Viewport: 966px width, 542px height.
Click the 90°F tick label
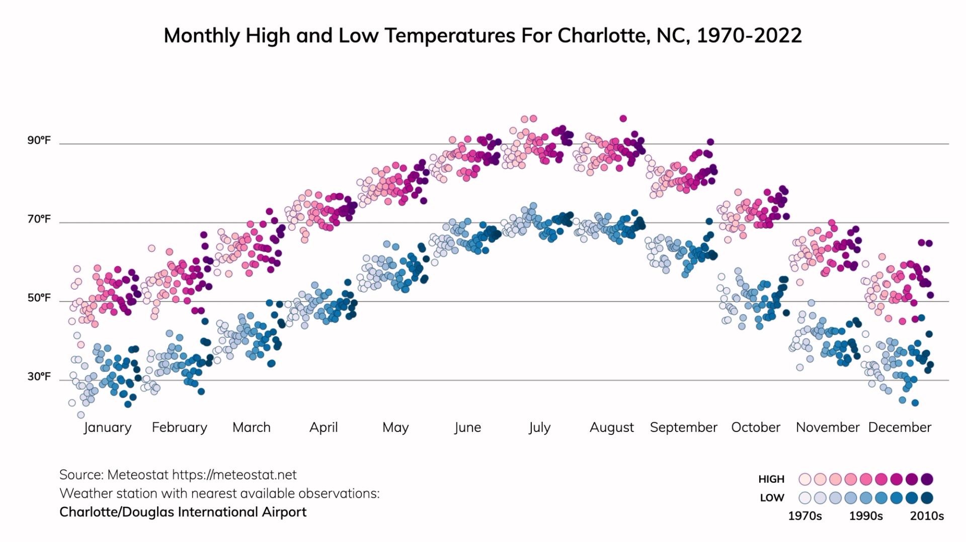pos(39,140)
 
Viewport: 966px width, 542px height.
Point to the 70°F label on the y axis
pos(39,219)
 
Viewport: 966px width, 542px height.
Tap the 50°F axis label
pos(39,298)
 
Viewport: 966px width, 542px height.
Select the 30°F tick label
pos(39,377)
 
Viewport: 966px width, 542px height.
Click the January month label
pos(107,428)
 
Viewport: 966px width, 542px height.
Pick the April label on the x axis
pos(324,428)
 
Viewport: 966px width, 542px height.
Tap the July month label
pos(539,428)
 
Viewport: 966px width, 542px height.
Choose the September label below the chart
pos(683,428)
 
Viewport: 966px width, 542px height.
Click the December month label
pos(900,428)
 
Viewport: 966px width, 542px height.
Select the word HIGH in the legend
pos(771,479)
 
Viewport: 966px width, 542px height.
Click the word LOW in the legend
pos(772,498)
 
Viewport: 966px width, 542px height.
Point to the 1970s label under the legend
pos(804,516)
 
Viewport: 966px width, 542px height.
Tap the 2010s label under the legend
pos(927,516)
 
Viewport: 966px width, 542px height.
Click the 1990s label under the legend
pos(866,516)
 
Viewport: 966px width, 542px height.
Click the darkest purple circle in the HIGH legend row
pos(927,479)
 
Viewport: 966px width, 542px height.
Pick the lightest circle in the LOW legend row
pos(805,498)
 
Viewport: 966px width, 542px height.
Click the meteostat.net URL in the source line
pos(234,475)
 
